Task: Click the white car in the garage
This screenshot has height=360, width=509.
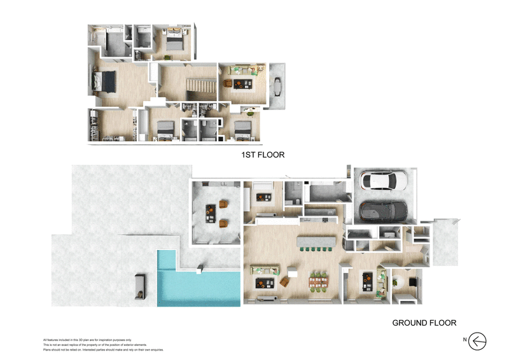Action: [x=384, y=182]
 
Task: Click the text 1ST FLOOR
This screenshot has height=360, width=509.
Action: [x=262, y=155]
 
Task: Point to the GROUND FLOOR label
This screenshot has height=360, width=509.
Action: [x=424, y=323]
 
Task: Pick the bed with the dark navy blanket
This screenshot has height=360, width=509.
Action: [x=105, y=81]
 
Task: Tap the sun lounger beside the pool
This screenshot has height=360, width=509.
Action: [x=141, y=286]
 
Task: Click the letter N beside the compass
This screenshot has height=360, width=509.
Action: [x=465, y=341]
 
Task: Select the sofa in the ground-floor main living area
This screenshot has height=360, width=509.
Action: [x=263, y=270]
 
